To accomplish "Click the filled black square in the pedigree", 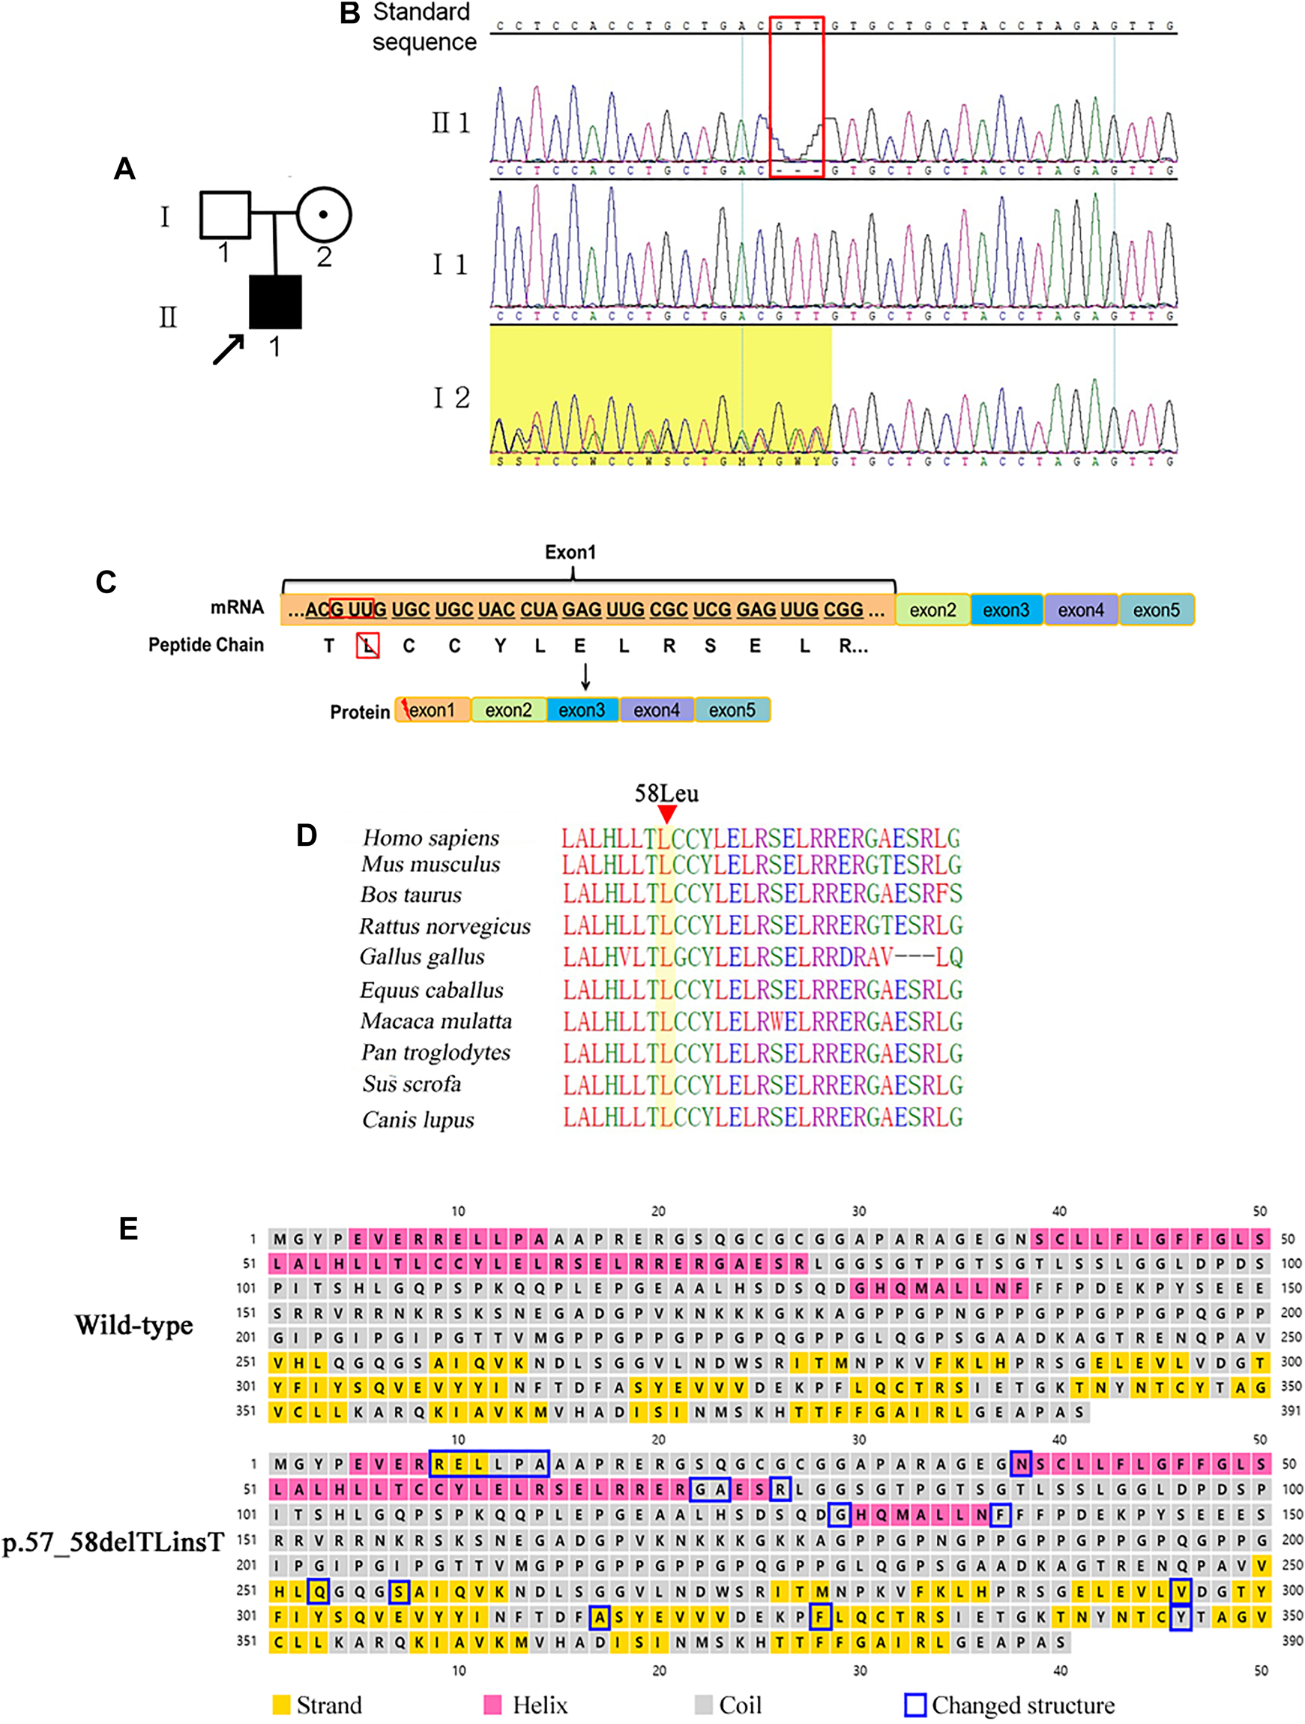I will (275, 301).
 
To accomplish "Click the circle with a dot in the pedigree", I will (323, 214).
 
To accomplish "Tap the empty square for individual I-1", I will (225, 214).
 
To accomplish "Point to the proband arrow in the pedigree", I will (229, 349).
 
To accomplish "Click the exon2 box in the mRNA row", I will (932, 610).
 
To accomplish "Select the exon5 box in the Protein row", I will (732, 710).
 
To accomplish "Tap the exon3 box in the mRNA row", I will (1006, 610).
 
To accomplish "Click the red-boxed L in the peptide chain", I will (368, 646).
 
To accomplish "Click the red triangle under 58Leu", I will (666, 814).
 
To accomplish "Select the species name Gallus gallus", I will (422, 956).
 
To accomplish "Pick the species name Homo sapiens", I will (431, 838).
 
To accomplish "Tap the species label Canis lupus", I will (418, 1120).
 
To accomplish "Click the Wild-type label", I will (134, 1325).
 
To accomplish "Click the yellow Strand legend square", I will (281, 1705).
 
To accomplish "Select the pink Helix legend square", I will (492, 1705).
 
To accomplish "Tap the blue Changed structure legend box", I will (915, 1705).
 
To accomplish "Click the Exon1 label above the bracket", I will (570, 553).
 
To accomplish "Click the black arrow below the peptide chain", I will (585, 676).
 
